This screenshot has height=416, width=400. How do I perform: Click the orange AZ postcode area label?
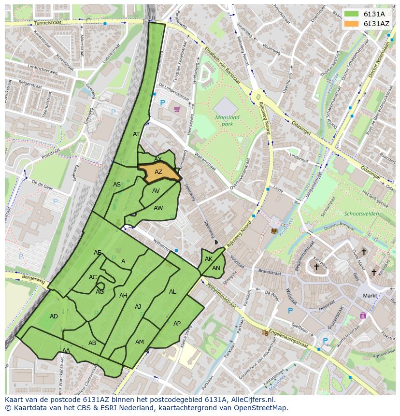(x=158, y=172)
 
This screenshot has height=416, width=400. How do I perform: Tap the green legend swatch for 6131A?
(x=351, y=14)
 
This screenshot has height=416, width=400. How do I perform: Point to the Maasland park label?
(x=227, y=120)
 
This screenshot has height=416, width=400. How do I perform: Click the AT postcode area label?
(x=136, y=134)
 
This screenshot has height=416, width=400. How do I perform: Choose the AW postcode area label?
(x=158, y=208)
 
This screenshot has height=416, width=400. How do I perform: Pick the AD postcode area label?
(x=54, y=316)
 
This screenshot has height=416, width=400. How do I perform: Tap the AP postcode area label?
(x=177, y=324)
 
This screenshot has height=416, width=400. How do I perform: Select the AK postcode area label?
(x=208, y=259)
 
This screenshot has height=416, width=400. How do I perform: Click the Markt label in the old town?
(x=370, y=295)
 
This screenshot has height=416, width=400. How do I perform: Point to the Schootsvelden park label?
(x=361, y=214)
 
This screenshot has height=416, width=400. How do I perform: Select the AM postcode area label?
(x=139, y=342)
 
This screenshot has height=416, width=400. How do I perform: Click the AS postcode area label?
(x=117, y=185)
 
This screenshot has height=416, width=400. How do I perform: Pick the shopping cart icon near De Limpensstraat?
(x=177, y=109)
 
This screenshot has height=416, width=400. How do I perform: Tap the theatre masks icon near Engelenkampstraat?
(x=265, y=332)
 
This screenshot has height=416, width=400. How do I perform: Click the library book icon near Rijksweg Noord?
(x=274, y=231)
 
